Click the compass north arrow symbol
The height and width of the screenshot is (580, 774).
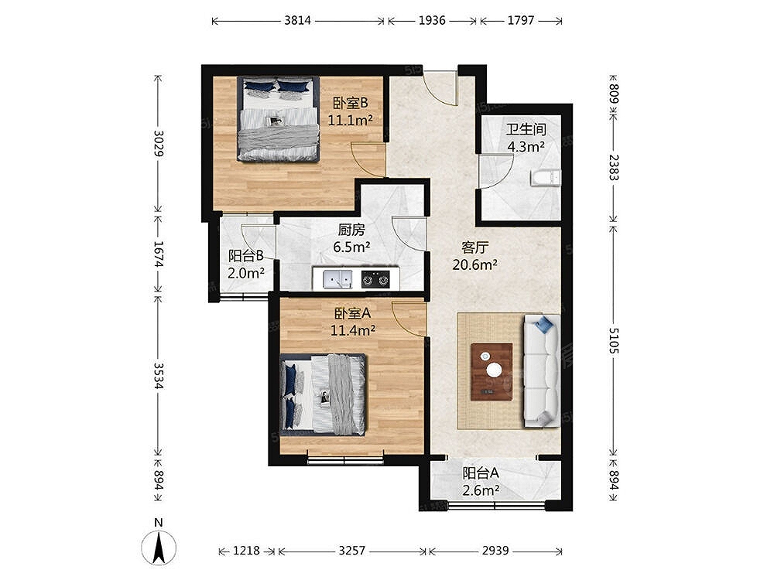tap(159, 547)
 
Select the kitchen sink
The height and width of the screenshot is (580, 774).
tap(338, 278)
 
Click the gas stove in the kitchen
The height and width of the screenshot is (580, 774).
tap(375, 278)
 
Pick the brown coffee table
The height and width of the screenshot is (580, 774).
tap(491, 371)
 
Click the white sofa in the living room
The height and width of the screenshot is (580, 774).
tap(542, 370)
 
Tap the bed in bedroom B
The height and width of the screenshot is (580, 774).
tap(278, 119)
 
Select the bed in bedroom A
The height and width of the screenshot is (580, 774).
tap(323, 394)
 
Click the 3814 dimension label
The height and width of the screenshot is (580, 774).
tap(298, 20)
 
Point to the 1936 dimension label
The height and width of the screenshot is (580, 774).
tap(432, 20)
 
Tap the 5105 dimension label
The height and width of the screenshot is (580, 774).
tap(614, 340)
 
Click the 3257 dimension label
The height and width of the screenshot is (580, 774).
tap(351, 551)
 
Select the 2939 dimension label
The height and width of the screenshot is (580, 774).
tap(495, 551)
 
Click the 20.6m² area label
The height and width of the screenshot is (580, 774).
tap(474, 264)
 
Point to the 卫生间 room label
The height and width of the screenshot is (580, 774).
tap(526, 129)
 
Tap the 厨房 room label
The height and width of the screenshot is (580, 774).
tap(351, 230)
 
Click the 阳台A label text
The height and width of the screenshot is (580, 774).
tap(481, 473)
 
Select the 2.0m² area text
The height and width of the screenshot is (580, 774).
tap(246, 273)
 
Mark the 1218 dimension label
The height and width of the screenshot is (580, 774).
tap(246, 551)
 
